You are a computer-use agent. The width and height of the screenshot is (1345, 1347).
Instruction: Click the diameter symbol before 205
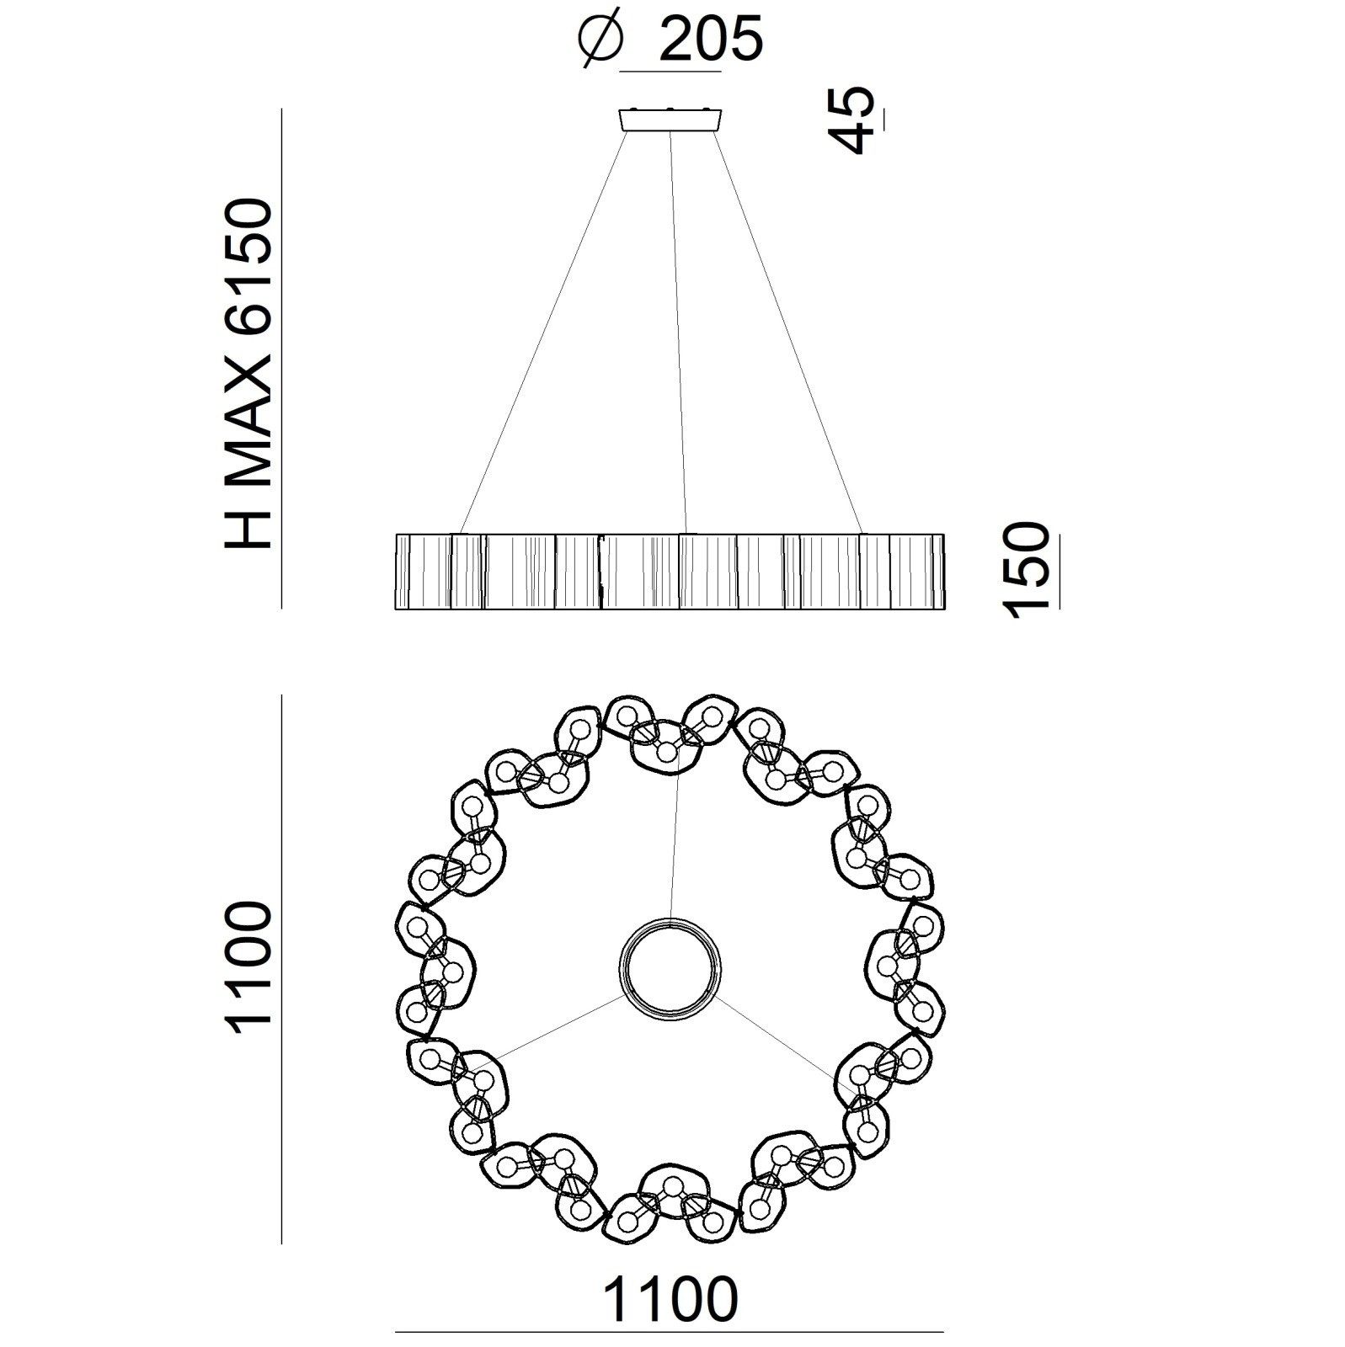(600, 40)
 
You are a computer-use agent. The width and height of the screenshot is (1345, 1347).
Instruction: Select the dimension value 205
(709, 40)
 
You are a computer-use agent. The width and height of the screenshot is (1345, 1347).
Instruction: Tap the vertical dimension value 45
(847, 120)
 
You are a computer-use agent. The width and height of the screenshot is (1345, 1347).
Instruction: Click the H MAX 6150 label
(249, 373)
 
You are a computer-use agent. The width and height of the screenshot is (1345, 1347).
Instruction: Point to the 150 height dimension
(1027, 570)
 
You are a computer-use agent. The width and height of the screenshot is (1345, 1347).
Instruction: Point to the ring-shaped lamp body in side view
(670, 570)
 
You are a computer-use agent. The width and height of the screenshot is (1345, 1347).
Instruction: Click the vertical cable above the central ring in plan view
(674, 842)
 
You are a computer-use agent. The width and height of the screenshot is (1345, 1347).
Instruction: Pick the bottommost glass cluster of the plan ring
(671, 1212)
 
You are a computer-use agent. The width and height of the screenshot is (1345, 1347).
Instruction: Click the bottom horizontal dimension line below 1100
(670, 1333)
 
